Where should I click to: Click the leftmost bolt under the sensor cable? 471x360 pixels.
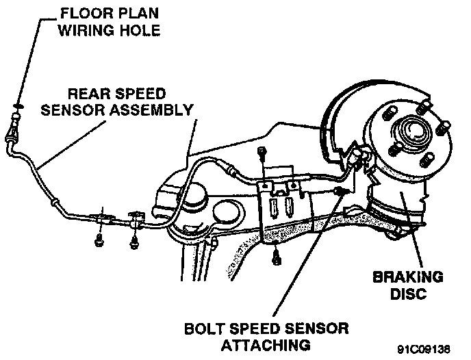pos(101,240)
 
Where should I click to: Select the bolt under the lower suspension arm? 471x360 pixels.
pos(276,258)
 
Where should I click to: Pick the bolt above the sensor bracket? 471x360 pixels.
pos(261,153)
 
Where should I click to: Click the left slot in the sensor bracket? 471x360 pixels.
pos(275,205)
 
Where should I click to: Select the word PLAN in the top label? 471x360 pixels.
pos(135,12)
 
